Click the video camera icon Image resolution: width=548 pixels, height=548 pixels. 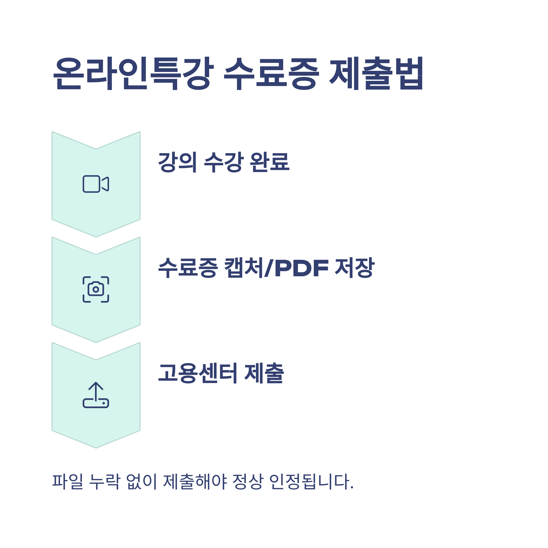coord(96,184)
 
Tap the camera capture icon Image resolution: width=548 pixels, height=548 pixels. coord(96,289)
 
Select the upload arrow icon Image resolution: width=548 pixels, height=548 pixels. coord(96,395)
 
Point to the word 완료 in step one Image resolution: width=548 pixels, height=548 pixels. coord(269,162)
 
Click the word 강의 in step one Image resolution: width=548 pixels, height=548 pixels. coord(177,162)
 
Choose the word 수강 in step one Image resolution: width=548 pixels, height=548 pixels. coord(224,162)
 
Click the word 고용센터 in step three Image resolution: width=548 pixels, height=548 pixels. coord(198,373)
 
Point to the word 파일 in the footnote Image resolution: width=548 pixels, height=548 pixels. coord(68,481)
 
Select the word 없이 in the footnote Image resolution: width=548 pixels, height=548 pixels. coord(141,481)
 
